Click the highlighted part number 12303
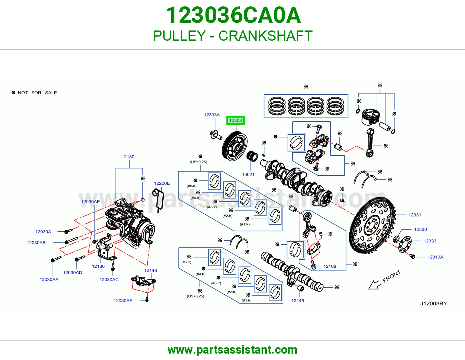235,120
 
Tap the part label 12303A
212,115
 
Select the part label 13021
248,174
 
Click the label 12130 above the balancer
128,157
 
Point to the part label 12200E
162,183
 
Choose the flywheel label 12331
414,215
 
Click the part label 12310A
435,257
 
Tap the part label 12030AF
123,300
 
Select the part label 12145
297,300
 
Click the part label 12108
330,266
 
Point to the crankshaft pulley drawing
235,146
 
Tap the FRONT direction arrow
375,285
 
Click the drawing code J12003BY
434,304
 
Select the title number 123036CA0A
233,15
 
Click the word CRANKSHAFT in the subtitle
265,36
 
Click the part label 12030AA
49,279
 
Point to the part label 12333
430,241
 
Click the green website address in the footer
233,350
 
